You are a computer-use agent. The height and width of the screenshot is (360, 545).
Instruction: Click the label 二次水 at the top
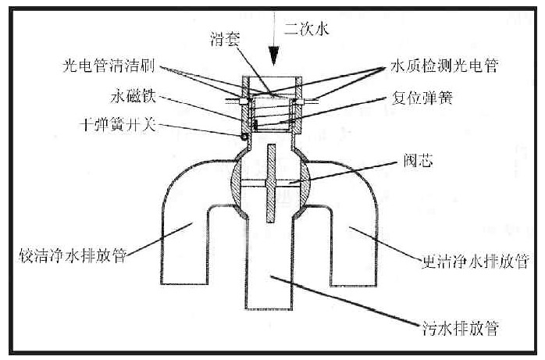click(x=307, y=30)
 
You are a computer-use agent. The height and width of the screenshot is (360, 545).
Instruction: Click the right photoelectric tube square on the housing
click(x=300, y=100)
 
